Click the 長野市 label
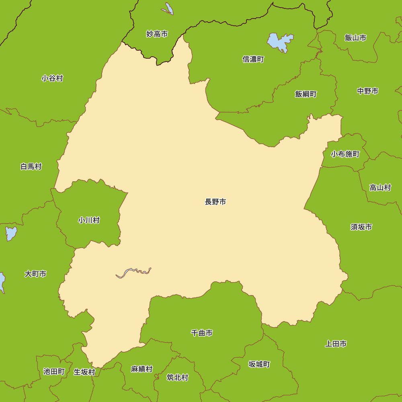coord(215,202)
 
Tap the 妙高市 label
coord(157,34)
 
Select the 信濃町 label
coord(253,59)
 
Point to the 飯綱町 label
coord(306,94)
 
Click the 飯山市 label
coord(355,38)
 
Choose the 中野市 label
coord(367,91)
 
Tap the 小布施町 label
coord(345,154)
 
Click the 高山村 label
coord(380,187)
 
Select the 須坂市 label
coord(361,227)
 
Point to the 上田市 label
coord(336,344)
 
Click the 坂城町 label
coord(259,365)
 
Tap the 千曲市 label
coord(201,333)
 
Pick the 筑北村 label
coord(177,377)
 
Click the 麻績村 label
coord(142,369)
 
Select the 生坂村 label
coord(84,372)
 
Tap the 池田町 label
coord(54,371)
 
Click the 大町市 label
coord(35,274)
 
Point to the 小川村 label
coord(89,220)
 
